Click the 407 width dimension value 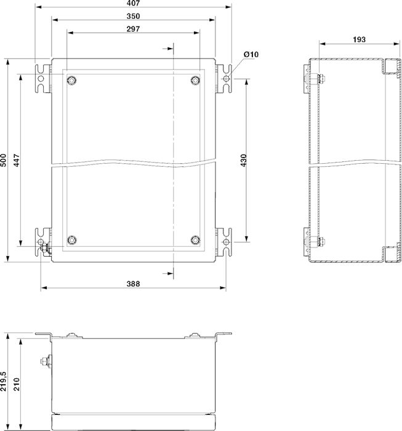[133, 3]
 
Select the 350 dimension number [133, 16]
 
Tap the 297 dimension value [133, 29]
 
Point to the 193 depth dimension [359, 39]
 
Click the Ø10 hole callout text [251, 54]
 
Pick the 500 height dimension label [4, 160]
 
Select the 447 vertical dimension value [17, 160]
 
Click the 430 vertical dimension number [243, 160]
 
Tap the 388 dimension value [133, 284]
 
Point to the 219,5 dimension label [4, 381]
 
